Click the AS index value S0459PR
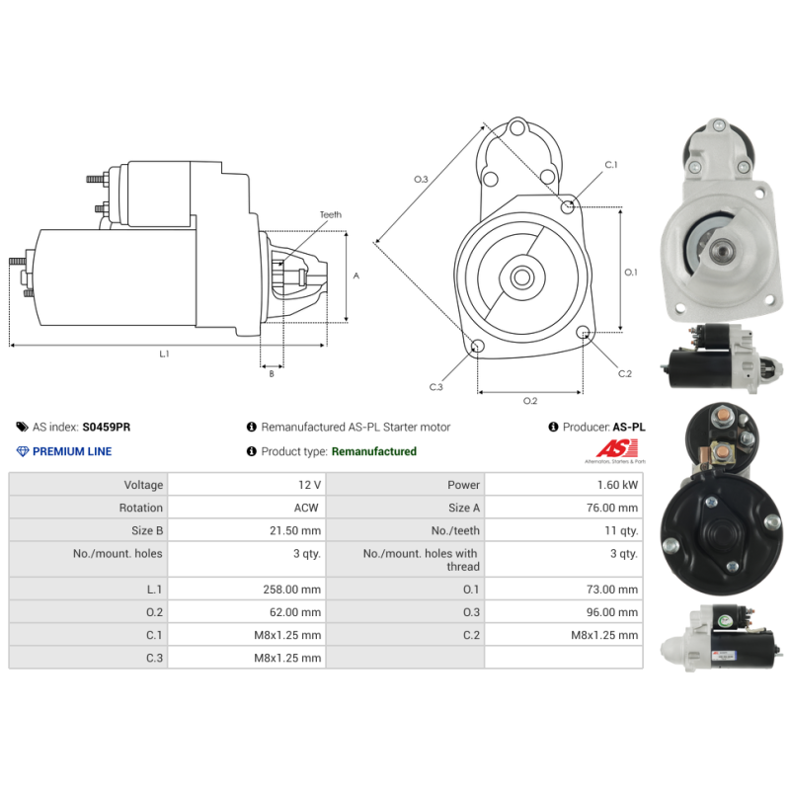(107, 427)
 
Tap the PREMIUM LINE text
(72, 451)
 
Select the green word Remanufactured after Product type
(374, 451)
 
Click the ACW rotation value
(306, 508)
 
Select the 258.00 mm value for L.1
(291, 589)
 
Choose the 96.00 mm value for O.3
(611, 612)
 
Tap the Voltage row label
(143, 485)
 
